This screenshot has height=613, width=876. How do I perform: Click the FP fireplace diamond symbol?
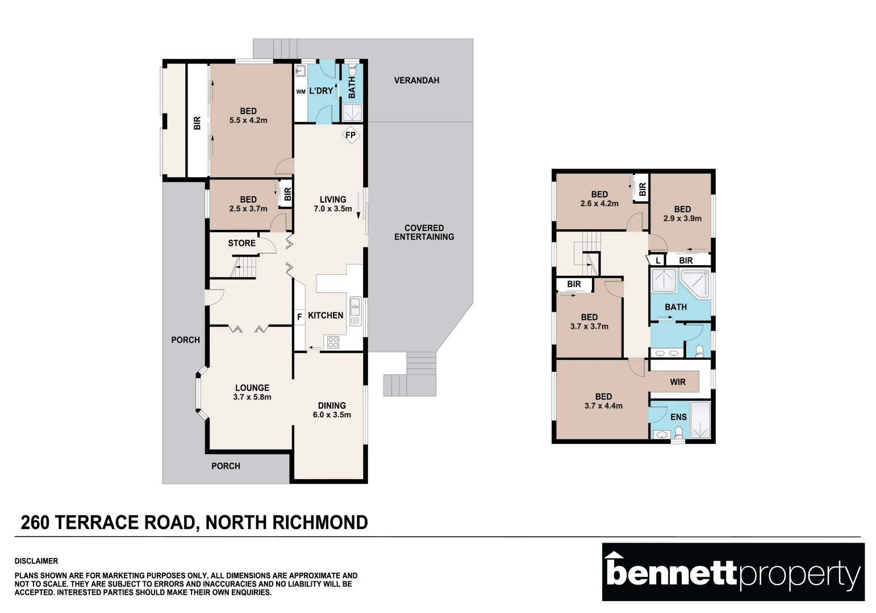click(351, 135)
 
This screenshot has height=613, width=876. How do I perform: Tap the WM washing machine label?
click(301, 92)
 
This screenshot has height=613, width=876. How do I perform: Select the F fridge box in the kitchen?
click(299, 317)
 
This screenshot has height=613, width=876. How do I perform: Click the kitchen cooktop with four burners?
click(333, 342)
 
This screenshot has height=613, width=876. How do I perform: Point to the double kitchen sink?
click(356, 312)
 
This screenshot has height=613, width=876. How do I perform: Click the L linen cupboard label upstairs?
click(658, 260)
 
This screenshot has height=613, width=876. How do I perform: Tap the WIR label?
click(678, 382)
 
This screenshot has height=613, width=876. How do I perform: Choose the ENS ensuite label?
click(678, 417)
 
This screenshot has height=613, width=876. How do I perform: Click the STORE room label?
click(241, 243)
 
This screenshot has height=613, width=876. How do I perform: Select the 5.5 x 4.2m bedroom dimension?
click(248, 120)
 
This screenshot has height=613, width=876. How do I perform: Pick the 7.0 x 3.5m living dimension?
click(333, 209)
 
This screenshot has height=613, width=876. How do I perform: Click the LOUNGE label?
click(252, 388)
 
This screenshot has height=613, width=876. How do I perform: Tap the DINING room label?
click(332, 405)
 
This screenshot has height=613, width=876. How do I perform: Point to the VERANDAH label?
click(416, 81)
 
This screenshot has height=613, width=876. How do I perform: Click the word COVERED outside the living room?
click(424, 228)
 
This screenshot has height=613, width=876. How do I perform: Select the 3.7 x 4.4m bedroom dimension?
click(603, 405)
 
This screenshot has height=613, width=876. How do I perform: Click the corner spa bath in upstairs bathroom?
click(695, 283)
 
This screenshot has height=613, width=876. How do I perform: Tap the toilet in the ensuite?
click(679, 432)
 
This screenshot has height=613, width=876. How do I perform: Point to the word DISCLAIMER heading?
click(36, 561)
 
